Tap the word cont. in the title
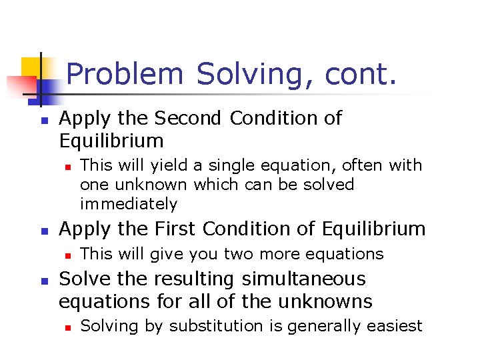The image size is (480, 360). [x=361, y=74]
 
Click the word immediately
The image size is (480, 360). [x=129, y=203]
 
